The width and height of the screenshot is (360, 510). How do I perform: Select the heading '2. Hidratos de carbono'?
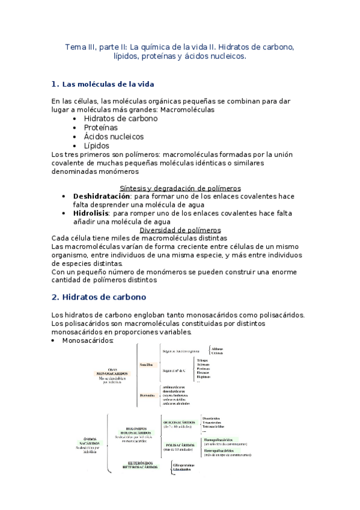[99, 297]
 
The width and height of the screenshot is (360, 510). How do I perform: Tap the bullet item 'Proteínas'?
[101, 127]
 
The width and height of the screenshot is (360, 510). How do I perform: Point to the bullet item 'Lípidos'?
[97, 146]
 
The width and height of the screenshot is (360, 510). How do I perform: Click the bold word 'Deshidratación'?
[102, 197]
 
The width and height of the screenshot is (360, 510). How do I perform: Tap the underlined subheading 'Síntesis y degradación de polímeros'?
[180, 188]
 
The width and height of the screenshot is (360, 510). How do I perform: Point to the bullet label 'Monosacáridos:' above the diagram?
[88, 340]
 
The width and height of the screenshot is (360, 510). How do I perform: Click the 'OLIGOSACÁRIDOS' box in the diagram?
[179, 423]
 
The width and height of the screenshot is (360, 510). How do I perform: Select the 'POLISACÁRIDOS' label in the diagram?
[178, 446]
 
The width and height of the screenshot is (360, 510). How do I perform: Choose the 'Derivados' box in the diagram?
[147, 395]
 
